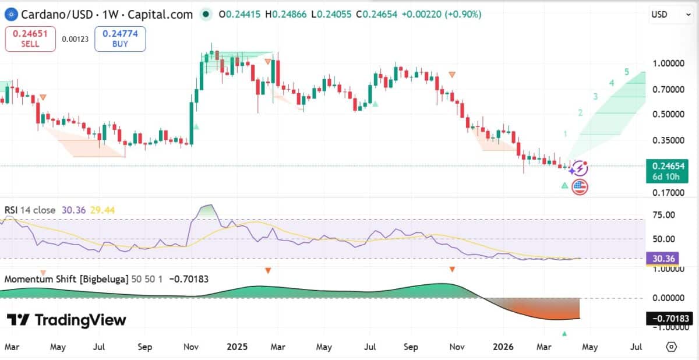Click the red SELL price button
30,38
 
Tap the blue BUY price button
120,38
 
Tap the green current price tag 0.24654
666,171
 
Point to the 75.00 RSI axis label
663,215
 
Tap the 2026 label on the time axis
503,347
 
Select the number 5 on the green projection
627,72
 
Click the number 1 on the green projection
565,135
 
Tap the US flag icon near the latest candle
580,187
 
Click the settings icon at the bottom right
671,347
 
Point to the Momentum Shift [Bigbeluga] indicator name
66,279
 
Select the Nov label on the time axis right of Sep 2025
457,347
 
